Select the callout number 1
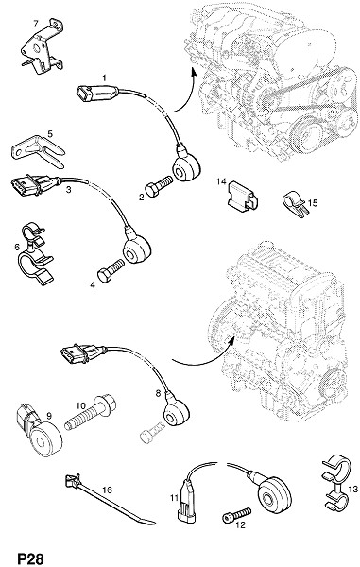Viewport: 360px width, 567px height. (105, 77)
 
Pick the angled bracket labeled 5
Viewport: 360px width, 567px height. (38, 151)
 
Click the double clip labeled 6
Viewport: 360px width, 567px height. (36, 255)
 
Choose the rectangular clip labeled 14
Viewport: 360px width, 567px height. (243, 196)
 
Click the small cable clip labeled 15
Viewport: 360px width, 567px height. (295, 205)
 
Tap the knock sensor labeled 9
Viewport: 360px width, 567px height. (40, 433)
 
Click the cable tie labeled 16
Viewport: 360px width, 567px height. (109, 500)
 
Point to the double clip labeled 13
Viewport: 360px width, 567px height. (336, 484)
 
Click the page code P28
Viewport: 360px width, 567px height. (31, 558)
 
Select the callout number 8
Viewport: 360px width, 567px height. (158, 393)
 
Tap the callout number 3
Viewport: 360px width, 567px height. (68, 189)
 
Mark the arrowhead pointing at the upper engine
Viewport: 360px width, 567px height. (194, 72)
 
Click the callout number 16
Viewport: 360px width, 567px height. (107, 490)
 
